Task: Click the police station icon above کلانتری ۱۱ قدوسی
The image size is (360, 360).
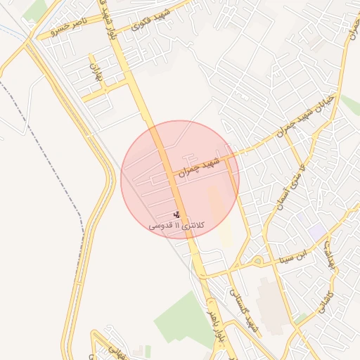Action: (176, 214)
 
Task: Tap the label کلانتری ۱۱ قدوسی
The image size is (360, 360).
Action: (176, 226)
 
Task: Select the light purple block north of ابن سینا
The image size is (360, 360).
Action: (316, 231)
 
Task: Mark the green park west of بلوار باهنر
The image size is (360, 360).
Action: (179, 320)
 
